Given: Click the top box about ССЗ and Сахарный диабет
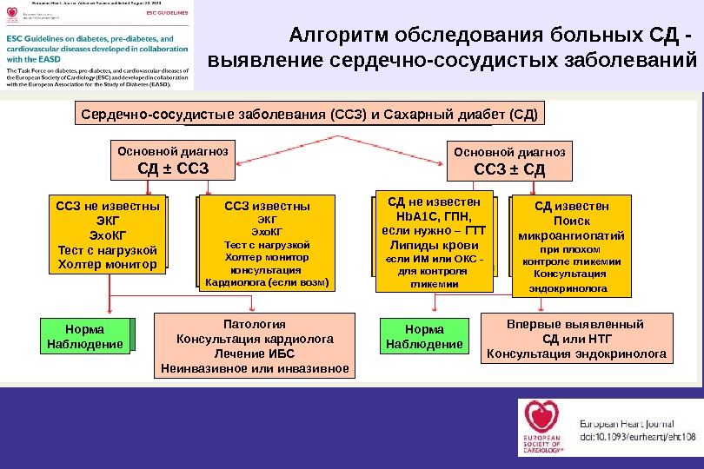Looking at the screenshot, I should tap(309, 114).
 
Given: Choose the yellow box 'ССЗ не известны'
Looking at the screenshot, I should tap(107, 234).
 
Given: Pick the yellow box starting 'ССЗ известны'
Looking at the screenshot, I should tap(267, 243).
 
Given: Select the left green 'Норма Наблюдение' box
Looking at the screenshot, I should tap(84, 337).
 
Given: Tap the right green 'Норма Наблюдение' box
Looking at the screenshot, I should tap(424, 337).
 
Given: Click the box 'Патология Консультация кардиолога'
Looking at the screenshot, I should tap(255, 346).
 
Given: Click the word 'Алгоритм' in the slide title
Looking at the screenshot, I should tap(338, 36).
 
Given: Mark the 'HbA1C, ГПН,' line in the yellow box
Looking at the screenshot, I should tap(433, 217).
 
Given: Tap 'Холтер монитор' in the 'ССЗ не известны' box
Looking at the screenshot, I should tap(107, 263).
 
